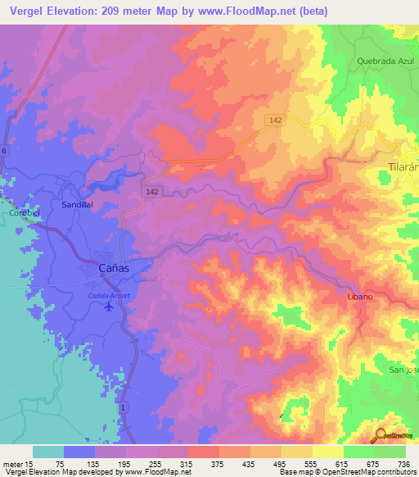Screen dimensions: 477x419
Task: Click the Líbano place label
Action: pos(360,296)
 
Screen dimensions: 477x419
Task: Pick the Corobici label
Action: pos(19,212)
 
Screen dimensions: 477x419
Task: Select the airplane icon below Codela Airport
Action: pos(110,307)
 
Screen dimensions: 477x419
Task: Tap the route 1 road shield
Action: pos(123,407)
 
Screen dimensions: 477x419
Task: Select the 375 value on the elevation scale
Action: pos(203,463)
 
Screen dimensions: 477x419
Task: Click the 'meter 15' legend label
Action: pos(16,463)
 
